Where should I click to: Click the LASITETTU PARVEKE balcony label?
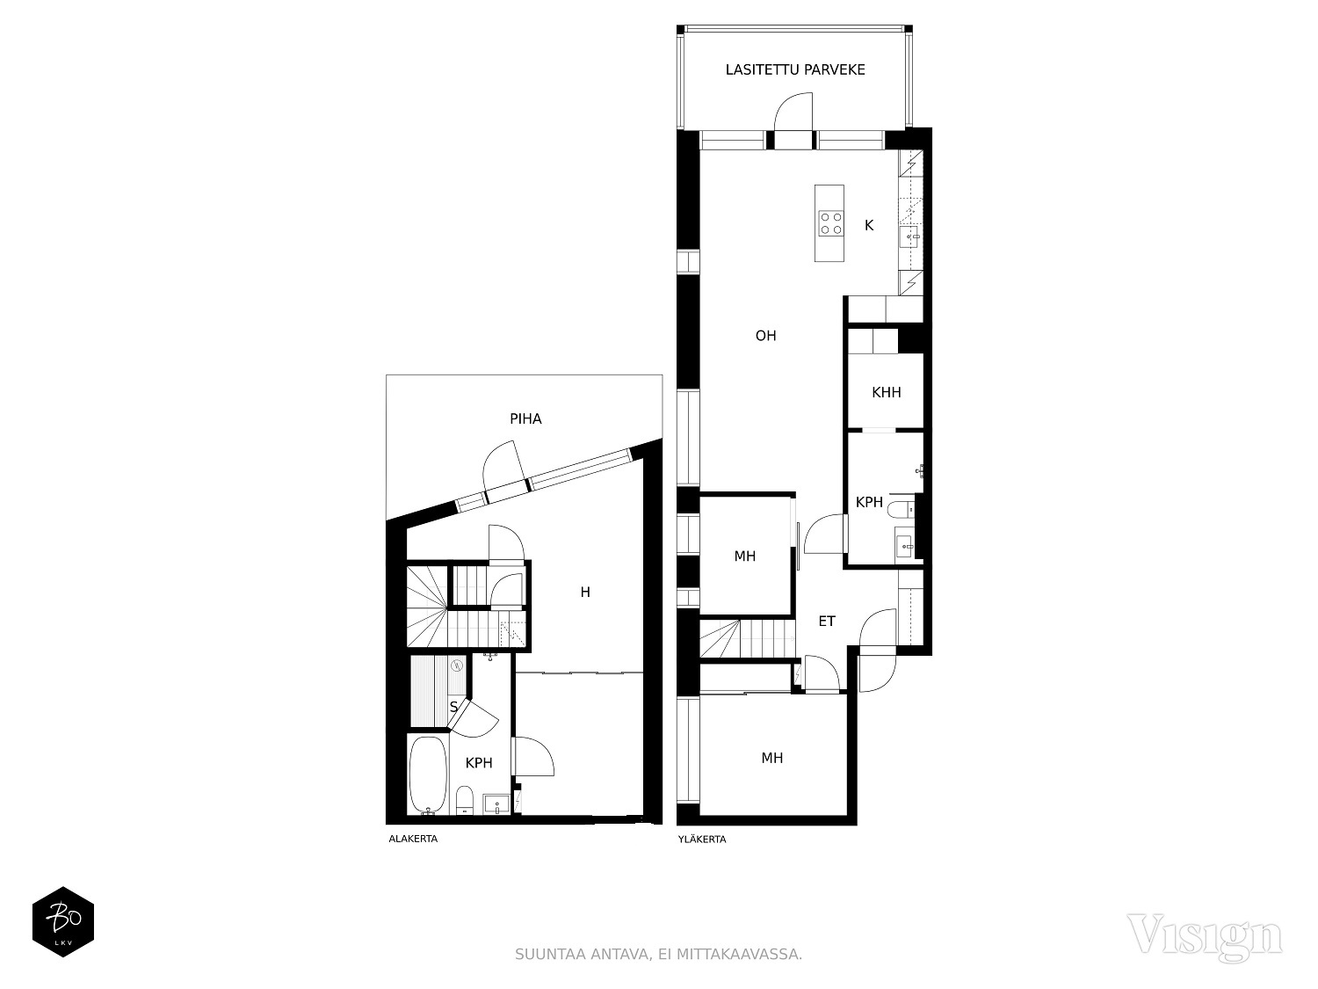pyautogui.click(x=795, y=69)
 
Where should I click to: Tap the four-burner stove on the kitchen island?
pyautogui.click(x=830, y=223)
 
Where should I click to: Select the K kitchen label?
pyautogui.click(x=869, y=225)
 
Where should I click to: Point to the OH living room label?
pyautogui.click(x=765, y=336)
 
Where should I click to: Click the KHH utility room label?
pyautogui.click(x=887, y=393)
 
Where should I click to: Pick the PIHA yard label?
pyautogui.click(x=525, y=418)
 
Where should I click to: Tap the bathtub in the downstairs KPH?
pyautogui.click(x=428, y=774)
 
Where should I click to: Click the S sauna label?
pyautogui.click(x=454, y=707)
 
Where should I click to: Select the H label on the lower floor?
pyautogui.click(x=585, y=593)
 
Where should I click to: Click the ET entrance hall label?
pyautogui.click(x=827, y=622)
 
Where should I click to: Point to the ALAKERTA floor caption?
pyautogui.click(x=413, y=839)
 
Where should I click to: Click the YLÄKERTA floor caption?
pyautogui.click(x=702, y=839)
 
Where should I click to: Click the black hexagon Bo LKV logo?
pyautogui.click(x=63, y=921)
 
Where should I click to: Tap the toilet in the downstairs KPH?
pyautogui.click(x=465, y=801)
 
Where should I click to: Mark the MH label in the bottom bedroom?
pyautogui.click(x=772, y=759)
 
